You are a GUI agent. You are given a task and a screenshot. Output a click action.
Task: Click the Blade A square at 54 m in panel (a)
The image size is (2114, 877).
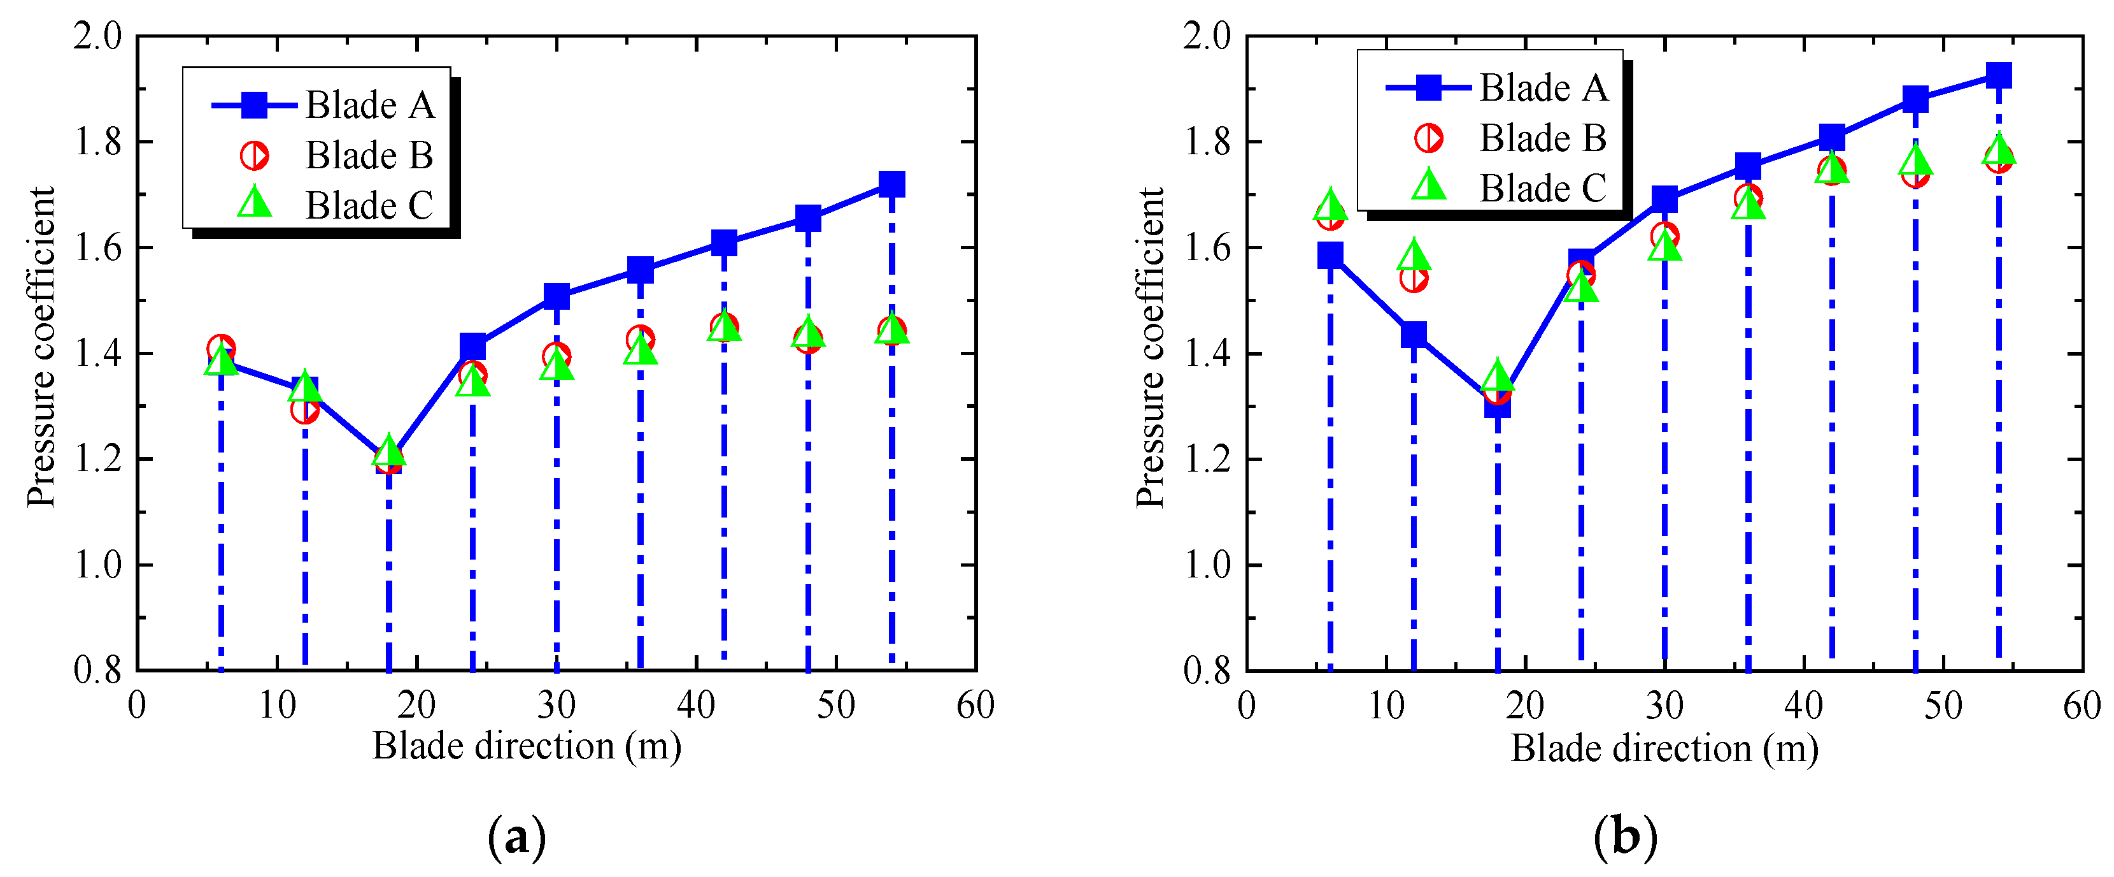click(x=891, y=184)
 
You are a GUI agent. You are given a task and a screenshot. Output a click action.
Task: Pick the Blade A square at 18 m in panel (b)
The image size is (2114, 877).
click(x=1497, y=405)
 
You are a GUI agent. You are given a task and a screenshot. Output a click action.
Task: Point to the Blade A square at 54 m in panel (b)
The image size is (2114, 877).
click(x=1998, y=76)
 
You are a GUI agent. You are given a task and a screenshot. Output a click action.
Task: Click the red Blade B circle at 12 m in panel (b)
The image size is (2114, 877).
click(x=1413, y=279)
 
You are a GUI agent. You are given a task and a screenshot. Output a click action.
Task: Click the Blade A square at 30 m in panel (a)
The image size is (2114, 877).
click(x=557, y=296)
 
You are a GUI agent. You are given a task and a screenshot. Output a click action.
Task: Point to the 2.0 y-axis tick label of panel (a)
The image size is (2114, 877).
click(x=97, y=36)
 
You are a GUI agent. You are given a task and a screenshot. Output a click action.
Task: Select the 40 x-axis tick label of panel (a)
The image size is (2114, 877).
click(x=696, y=704)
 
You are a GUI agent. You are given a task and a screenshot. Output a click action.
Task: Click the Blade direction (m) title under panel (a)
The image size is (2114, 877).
click(x=527, y=746)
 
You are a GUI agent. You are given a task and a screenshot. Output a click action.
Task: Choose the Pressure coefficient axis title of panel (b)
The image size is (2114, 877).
click(x=1150, y=347)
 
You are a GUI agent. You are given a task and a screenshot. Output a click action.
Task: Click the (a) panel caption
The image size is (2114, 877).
click(x=517, y=837)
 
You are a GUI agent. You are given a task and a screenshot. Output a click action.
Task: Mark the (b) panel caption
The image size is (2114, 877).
click(x=1625, y=837)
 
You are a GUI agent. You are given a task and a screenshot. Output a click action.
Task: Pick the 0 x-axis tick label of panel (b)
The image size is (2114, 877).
click(x=1247, y=704)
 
